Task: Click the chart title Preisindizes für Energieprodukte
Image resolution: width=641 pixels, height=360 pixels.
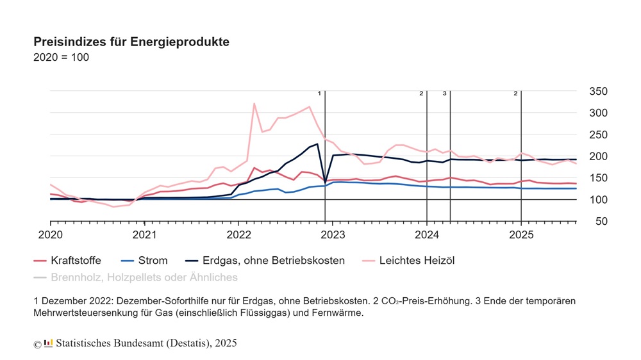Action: pyautogui.click(x=131, y=42)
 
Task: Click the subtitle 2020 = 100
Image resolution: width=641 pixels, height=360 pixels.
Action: pyautogui.click(x=61, y=57)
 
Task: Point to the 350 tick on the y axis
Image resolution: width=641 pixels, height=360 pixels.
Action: pyautogui.click(x=598, y=91)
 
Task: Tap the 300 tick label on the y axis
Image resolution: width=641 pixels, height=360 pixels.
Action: pyautogui.click(x=598, y=113)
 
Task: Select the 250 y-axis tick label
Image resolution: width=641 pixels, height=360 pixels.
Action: pyautogui.click(x=598, y=135)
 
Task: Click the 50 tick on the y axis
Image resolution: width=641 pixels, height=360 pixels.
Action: pyautogui.click(x=601, y=221)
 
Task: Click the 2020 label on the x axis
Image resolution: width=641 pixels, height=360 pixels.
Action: pyautogui.click(x=50, y=234)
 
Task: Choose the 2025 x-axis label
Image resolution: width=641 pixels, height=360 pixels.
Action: pyautogui.click(x=520, y=234)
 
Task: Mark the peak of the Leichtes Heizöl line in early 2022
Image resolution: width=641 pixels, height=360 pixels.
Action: pyautogui.click(x=254, y=104)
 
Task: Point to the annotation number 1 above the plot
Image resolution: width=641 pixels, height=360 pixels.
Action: pyautogui.click(x=319, y=94)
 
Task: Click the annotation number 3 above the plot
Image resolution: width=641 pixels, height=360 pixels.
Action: pyautogui.click(x=444, y=94)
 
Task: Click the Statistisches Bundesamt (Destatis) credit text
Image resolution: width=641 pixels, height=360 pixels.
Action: pyautogui.click(x=146, y=343)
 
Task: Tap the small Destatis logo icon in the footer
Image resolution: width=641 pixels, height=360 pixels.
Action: pyautogui.click(x=48, y=343)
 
